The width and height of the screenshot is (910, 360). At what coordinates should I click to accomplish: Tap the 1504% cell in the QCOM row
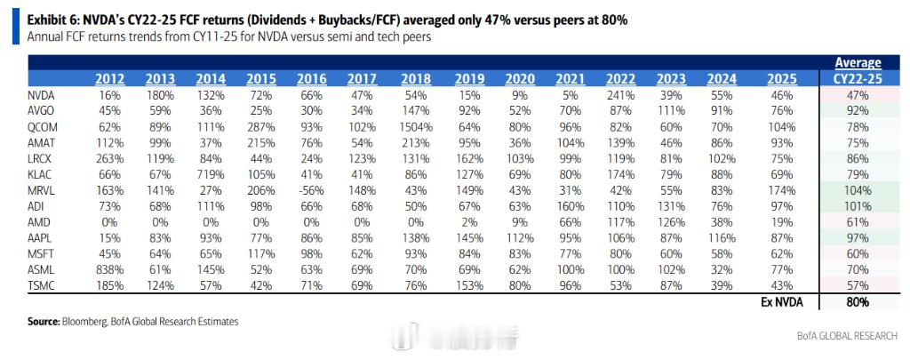[x=418, y=127]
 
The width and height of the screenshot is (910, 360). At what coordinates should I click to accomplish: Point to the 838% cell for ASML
[x=108, y=268]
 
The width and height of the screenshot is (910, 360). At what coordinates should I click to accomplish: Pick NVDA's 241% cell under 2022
[x=620, y=95]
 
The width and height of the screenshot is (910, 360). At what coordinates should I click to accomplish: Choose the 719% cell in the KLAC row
[x=211, y=174]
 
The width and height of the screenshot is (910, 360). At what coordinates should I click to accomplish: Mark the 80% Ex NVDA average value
[x=857, y=302]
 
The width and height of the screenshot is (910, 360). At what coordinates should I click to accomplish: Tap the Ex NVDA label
[x=782, y=302]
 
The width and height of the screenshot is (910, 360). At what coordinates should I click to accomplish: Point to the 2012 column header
[x=109, y=79]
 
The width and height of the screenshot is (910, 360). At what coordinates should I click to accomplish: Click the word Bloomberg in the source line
[x=83, y=321]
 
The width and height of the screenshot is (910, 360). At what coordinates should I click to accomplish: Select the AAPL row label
[x=39, y=237]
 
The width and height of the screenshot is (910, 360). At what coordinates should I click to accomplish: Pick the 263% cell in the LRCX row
[x=108, y=158]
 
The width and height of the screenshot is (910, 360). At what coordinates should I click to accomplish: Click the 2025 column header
[x=781, y=79]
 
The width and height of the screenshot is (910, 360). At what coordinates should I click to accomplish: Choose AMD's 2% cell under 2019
[x=469, y=222]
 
